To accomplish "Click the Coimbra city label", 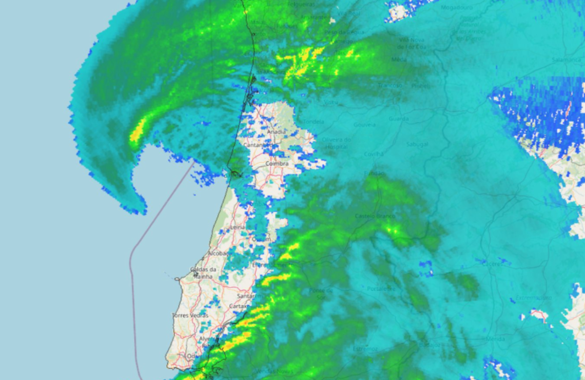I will pos(277,164).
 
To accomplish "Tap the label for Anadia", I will pos(276,132).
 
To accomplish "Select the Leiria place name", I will pos(238,227).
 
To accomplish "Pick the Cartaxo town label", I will pos(238,306).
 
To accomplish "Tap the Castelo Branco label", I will pos(374,216).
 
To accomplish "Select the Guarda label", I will pos(399,119).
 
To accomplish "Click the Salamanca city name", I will pos(567,59).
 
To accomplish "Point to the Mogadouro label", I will pos(457,8).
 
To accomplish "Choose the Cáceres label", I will pos(492,264).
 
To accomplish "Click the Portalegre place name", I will pos(381,289).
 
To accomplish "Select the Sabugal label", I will pos(417,145).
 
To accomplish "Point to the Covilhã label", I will pos(374,154).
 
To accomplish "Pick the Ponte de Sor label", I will pos(321,293).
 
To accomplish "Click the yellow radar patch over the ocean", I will pos(137,132).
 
